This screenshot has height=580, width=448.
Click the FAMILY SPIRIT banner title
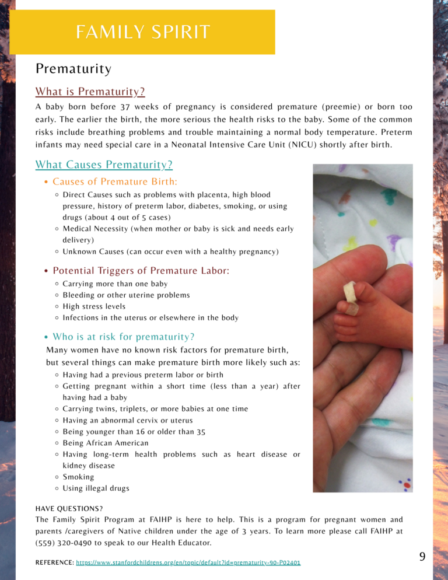click(142, 32)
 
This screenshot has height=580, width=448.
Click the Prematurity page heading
click(73, 69)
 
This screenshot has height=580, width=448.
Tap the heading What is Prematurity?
click(90, 92)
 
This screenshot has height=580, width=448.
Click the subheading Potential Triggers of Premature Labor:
click(141, 271)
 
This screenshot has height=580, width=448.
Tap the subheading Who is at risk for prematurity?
click(123, 337)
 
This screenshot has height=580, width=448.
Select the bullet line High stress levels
click(93, 306)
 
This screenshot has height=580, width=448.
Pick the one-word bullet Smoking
click(78, 477)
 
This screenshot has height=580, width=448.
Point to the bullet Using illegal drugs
click(96, 488)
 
